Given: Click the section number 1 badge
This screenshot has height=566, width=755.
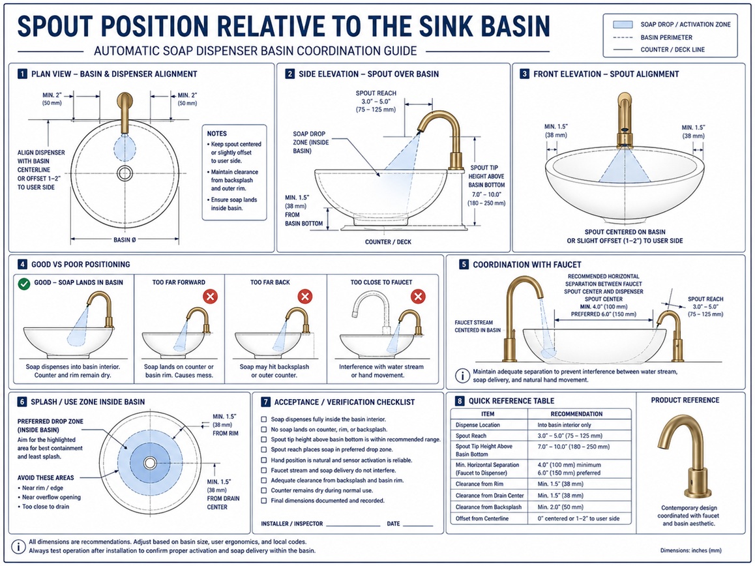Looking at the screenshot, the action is pyautogui.click(x=22, y=74).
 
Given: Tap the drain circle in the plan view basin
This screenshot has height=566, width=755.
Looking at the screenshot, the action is pyautogui.click(x=125, y=173).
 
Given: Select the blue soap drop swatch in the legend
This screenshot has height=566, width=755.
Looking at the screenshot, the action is pyautogui.click(x=623, y=24).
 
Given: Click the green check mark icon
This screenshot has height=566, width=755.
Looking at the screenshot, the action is pyautogui.click(x=24, y=284).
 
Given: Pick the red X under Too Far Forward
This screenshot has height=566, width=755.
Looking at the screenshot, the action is pyautogui.click(x=210, y=296).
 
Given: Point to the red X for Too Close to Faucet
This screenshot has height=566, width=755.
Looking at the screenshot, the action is pyautogui.click(x=418, y=296).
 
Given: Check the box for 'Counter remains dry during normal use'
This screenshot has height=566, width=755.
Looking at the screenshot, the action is pyautogui.click(x=264, y=490).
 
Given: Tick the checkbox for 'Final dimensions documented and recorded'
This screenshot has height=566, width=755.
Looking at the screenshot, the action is pyautogui.click(x=264, y=501).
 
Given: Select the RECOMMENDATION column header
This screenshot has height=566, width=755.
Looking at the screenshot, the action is pyautogui.click(x=576, y=414).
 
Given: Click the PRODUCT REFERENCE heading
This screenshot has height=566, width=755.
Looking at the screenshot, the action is pyautogui.click(x=685, y=400).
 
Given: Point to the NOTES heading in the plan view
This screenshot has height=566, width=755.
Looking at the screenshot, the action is pyautogui.click(x=216, y=134).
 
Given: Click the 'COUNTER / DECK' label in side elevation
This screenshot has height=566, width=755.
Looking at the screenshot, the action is pyautogui.click(x=388, y=242).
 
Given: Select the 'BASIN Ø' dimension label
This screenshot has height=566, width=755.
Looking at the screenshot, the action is pyautogui.click(x=125, y=239).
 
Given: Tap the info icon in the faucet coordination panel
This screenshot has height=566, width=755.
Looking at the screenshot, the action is pyautogui.click(x=462, y=376).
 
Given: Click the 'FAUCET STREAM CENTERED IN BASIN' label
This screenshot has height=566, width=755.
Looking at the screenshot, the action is pyautogui.click(x=478, y=326).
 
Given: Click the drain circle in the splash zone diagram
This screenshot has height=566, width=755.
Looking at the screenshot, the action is pyautogui.click(x=150, y=463).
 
